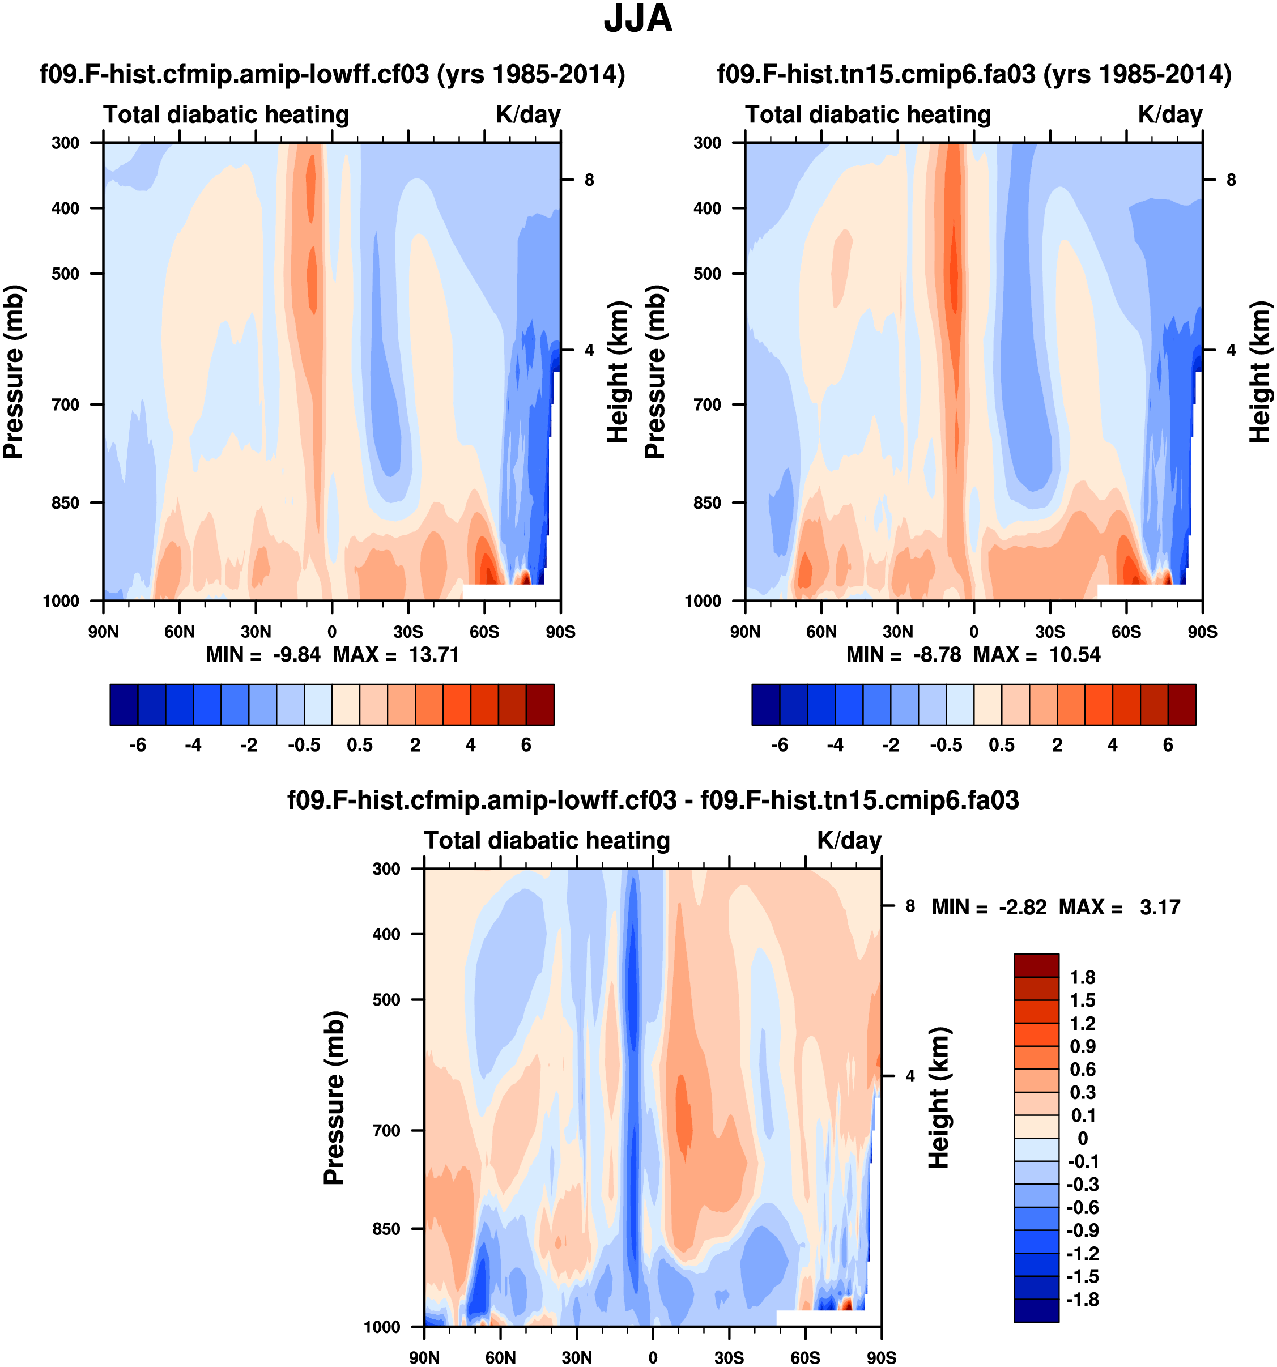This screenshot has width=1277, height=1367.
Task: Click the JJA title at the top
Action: click(x=637, y=19)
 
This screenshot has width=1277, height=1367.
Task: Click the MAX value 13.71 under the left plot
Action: click(x=433, y=655)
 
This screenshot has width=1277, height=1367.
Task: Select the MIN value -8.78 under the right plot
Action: click(x=937, y=655)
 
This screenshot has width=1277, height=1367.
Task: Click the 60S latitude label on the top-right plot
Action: click(x=1126, y=632)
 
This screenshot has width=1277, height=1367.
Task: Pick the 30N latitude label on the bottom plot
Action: click(x=576, y=1357)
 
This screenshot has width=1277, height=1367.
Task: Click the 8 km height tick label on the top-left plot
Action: click(x=589, y=180)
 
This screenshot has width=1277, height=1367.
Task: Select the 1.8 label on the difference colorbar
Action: click(x=1082, y=977)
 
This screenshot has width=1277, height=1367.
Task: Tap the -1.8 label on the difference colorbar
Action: click(x=1082, y=1299)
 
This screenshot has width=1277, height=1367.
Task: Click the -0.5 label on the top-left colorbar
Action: click(x=304, y=746)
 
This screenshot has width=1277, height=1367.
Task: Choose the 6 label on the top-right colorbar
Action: click(x=1168, y=746)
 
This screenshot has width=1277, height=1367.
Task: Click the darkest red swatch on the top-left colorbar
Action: click(x=540, y=704)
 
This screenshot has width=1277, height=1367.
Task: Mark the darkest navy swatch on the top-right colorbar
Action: click(x=765, y=704)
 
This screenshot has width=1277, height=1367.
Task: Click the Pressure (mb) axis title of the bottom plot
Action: click(x=334, y=1097)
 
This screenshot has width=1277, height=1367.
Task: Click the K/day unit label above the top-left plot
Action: click(x=527, y=114)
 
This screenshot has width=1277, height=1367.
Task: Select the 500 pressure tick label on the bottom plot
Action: click(x=386, y=999)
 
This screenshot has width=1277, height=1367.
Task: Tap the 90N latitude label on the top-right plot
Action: click(x=745, y=632)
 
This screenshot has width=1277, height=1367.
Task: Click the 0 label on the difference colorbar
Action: click(x=1082, y=1138)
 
